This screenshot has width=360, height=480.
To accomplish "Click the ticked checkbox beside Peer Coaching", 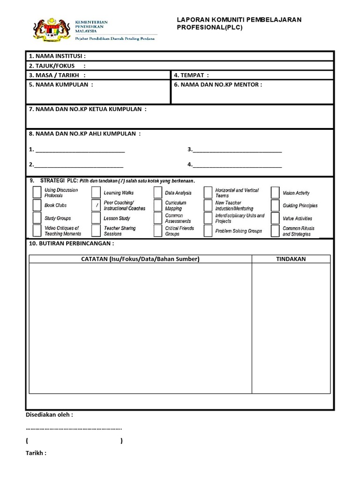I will pyautogui.click(x=96, y=205).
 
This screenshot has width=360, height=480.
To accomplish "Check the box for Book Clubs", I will pyautogui.click(x=37, y=205).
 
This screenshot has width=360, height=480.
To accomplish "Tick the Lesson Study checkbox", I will pyautogui.click(x=96, y=218).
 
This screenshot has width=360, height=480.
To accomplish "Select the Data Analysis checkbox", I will pyautogui.click(x=157, y=193).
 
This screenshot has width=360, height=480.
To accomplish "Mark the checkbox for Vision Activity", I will pyautogui.click(x=275, y=193).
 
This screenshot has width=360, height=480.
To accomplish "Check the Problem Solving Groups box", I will pyautogui.click(x=208, y=231).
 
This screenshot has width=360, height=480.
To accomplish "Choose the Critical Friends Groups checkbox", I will pyautogui.click(x=157, y=231).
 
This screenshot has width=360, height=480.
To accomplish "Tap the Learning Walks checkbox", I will pyautogui.click(x=96, y=193).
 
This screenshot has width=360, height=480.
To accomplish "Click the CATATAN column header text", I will pyautogui.click(x=140, y=259).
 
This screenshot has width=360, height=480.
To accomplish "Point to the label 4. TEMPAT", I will pyautogui.click(x=191, y=75).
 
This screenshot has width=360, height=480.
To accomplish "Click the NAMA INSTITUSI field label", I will pyautogui.click(x=57, y=56).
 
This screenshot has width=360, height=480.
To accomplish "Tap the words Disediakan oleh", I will pyautogui.click(x=49, y=414).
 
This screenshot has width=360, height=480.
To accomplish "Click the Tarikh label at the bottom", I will pyautogui.click(x=36, y=453).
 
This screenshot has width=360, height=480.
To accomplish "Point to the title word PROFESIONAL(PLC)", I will pyautogui.click(x=210, y=28).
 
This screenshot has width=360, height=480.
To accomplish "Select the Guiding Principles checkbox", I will pyautogui.click(x=275, y=205).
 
